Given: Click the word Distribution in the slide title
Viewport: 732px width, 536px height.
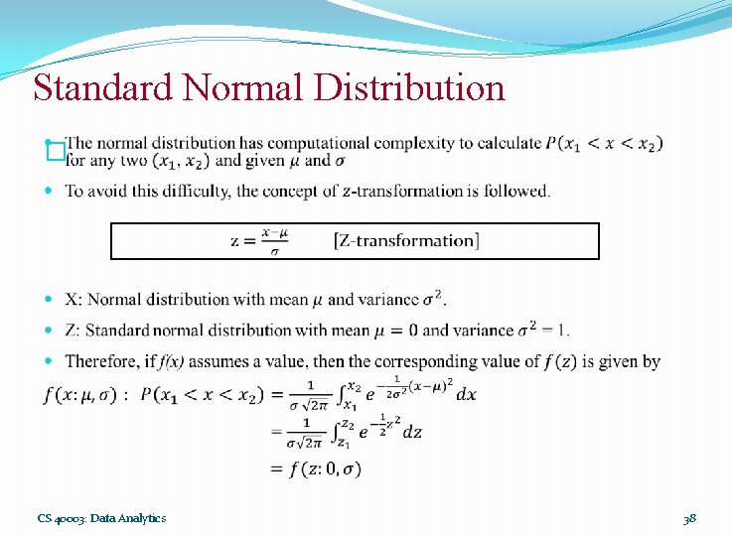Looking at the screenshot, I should (x=410, y=87).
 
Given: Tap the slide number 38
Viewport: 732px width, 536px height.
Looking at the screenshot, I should (x=689, y=518).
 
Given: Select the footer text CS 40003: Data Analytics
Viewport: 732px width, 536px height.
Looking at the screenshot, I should (x=101, y=518).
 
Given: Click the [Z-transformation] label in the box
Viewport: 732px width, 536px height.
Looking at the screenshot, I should (x=406, y=240).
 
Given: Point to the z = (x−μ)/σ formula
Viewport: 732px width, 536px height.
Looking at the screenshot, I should (x=258, y=240).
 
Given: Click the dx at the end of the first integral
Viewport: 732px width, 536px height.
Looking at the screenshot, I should (x=466, y=394).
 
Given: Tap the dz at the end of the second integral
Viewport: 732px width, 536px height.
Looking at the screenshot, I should (x=411, y=432).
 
